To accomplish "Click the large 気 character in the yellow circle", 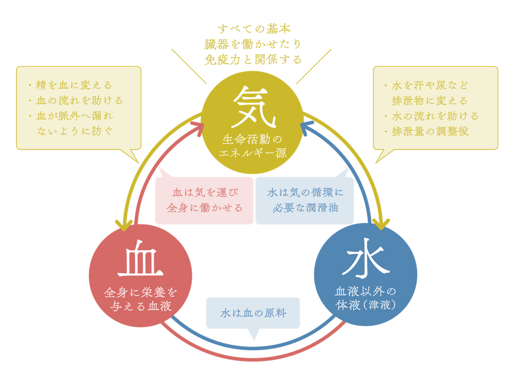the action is (253, 107).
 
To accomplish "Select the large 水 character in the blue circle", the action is (366, 258).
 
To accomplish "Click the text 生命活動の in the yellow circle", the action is (252, 140).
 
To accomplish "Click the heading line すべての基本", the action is (254, 29).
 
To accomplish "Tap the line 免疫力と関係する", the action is (253, 59).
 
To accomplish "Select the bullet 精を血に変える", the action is (71, 85).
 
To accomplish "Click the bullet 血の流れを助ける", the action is (76, 101).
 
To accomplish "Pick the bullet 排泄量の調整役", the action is (427, 132).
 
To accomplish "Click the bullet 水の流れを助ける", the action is (432, 116).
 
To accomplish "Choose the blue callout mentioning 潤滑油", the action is (305, 201).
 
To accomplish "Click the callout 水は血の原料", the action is (253, 313).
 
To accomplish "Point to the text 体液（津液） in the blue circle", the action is (366, 305).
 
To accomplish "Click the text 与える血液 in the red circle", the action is (141, 306).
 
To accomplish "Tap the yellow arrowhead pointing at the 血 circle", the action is (124, 226).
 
